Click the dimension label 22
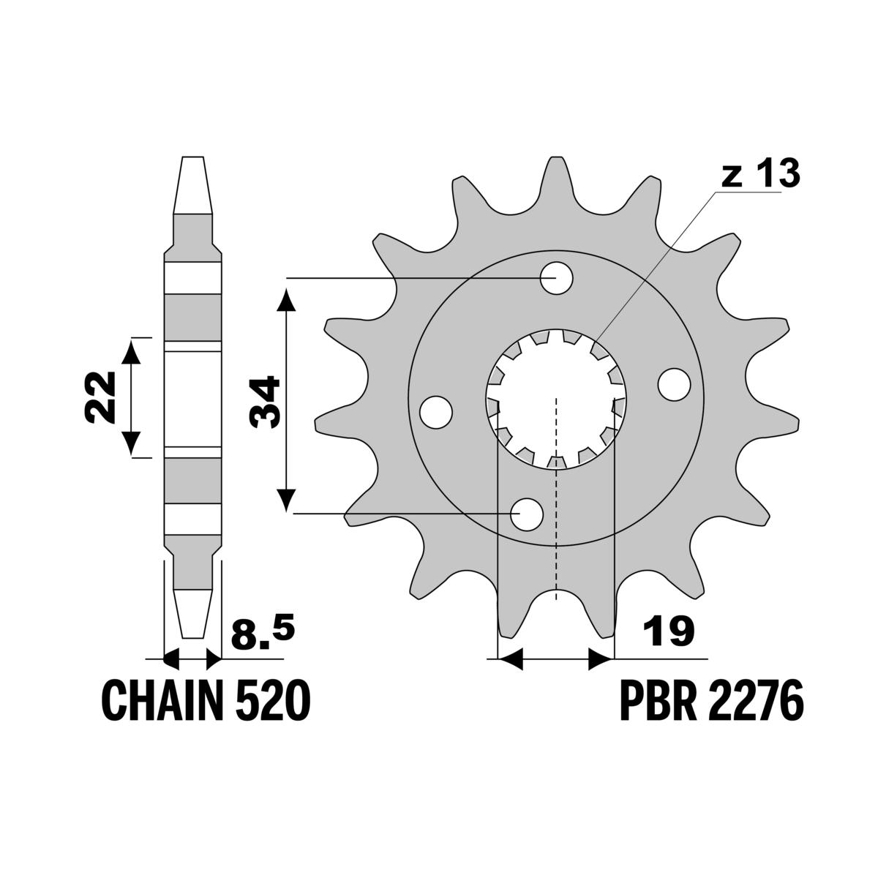point(100,397)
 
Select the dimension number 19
point(668,631)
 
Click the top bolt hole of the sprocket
point(556,277)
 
